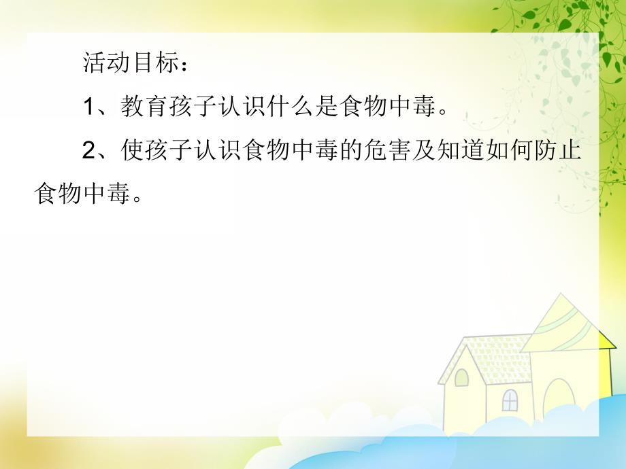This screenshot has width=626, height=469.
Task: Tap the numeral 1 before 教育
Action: (x=90, y=107)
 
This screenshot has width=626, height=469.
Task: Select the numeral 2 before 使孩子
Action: (x=90, y=151)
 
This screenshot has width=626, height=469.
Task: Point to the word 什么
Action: (x=295, y=107)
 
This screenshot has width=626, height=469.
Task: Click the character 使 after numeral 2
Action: (x=132, y=151)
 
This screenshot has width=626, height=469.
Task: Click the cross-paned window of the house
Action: (x=510, y=400)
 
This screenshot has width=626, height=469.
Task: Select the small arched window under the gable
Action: (x=462, y=377)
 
